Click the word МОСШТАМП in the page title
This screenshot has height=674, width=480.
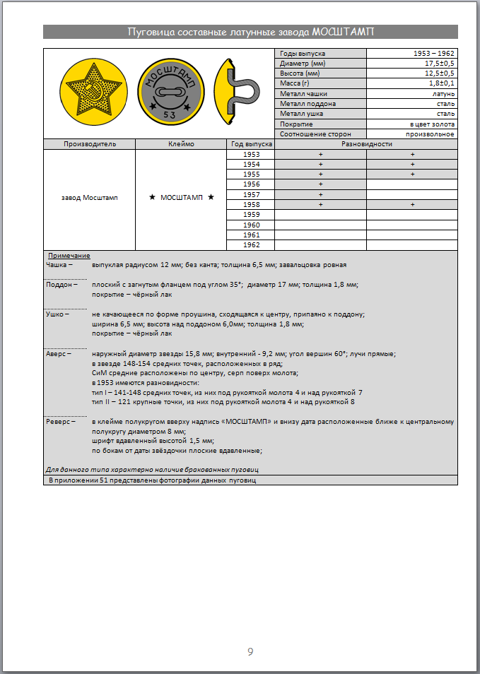pyautogui.click(x=343, y=32)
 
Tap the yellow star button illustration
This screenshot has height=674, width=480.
pyautogui.click(x=88, y=92)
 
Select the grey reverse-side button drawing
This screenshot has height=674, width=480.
pyautogui.click(x=170, y=92)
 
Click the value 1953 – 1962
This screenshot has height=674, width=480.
pyautogui.click(x=434, y=54)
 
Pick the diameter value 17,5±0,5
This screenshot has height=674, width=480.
pyautogui.click(x=438, y=64)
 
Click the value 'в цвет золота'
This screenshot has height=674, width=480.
pyautogui.click(x=432, y=124)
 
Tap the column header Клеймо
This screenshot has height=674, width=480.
pyautogui.click(x=180, y=143)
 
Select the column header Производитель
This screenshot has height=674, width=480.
pyautogui.click(x=89, y=143)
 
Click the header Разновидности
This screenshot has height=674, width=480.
pyautogui.click(x=366, y=143)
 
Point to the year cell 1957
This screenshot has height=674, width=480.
pyautogui.click(x=251, y=194)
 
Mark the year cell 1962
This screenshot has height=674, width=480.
pyautogui.click(x=251, y=244)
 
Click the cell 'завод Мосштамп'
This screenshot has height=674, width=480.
pyautogui.click(x=89, y=198)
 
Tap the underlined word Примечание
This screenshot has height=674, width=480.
pyautogui.click(x=69, y=255)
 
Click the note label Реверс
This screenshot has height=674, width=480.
pyautogui.click(x=59, y=421)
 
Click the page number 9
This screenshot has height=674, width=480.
pyautogui.click(x=250, y=651)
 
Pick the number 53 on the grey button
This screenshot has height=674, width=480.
pyautogui.click(x=170, y=114)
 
